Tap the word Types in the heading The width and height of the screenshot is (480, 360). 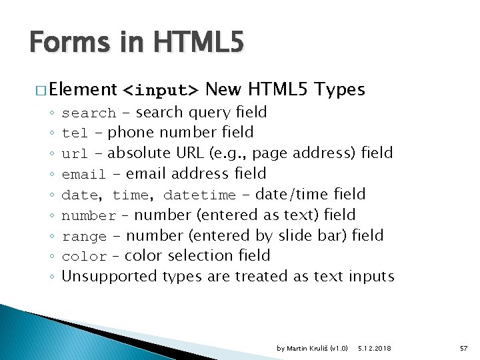339,89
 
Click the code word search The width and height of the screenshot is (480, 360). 89,113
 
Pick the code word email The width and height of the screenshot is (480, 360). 83,175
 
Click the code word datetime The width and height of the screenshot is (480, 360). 199,195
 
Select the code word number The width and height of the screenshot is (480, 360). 89,216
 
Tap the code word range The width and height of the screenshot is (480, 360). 84,237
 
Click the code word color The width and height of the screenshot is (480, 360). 84,257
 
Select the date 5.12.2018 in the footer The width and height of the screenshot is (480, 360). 375,349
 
